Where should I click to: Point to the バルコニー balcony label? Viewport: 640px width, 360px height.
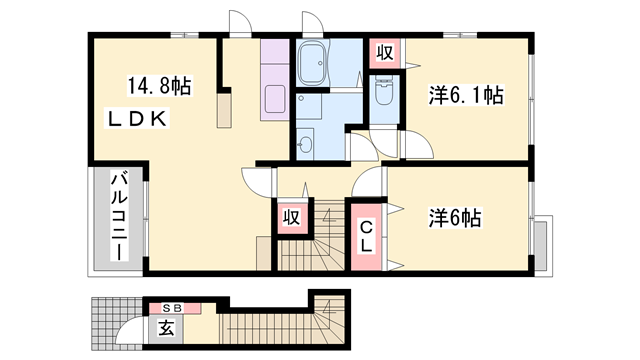click(118, 217)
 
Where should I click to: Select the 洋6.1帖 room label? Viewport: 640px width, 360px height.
click(465, 96)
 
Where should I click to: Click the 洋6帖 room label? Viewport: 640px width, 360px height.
click(456, 216)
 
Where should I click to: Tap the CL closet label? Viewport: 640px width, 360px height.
click(367, 236)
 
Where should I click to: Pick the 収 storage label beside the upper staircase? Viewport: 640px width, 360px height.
click(290, 216)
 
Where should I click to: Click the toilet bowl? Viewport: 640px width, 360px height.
click(383, 95)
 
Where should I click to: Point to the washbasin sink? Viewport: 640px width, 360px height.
click(306, 146)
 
